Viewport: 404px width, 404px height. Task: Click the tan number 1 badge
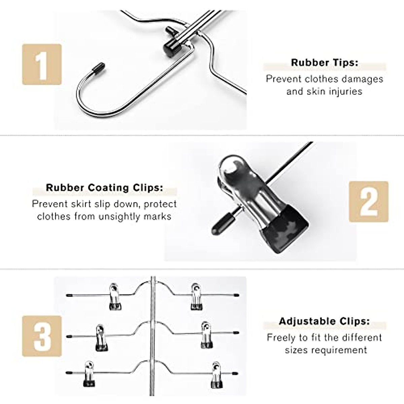coord(42,64)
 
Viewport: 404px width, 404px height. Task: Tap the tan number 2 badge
coord(368,201)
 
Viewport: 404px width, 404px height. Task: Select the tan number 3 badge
coord(42,336)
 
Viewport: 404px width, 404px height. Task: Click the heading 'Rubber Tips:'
coord(325,63)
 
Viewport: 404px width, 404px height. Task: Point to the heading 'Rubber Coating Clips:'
coord(104,188)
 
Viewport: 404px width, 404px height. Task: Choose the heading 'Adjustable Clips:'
coord(324,321)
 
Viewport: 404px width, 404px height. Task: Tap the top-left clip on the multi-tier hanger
coord(115,297)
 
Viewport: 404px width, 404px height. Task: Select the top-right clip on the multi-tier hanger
coord(196,297)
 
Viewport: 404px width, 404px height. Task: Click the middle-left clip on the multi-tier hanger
coord(101,338)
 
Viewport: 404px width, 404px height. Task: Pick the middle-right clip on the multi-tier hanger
coord(206,335)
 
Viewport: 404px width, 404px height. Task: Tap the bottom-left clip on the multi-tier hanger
coord(89,374)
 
